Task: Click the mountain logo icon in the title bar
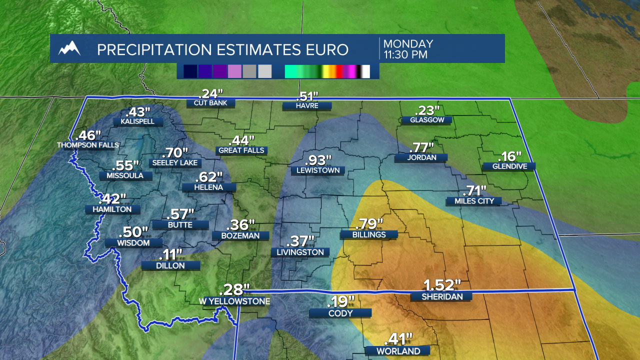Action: click(69, 48)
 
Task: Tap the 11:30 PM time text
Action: click(405, 54)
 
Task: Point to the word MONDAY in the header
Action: click(408, 44)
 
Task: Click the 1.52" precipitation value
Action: click(441, 285)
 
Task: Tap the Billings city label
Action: click(369, 234)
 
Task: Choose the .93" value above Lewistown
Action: click(318, 160)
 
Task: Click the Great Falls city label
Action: click(241, 150)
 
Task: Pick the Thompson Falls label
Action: click(88, 145)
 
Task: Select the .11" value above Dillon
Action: click(170, 255)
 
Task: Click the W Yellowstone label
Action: click(234, 301)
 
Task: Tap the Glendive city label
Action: click(508, 166)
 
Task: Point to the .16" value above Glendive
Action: click(509, 156)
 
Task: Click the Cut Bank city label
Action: click(210, 103)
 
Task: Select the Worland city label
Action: click(398, 351)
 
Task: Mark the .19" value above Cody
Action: click(340, 302)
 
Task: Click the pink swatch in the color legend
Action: click(234, 71)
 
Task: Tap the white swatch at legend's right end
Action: click(365, 71)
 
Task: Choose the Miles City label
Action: click(474, 201)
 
